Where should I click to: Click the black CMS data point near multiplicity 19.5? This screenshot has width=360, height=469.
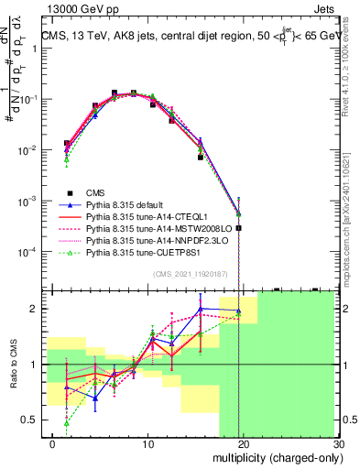pos(238,228)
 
